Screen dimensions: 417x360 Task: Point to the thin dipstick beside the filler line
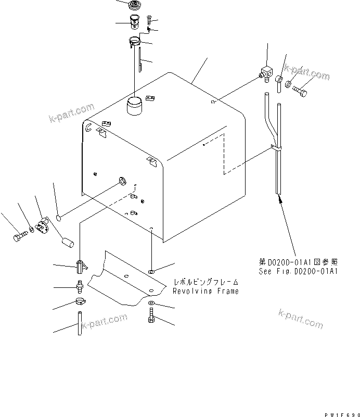(141, 60)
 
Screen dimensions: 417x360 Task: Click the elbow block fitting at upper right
(267, 74)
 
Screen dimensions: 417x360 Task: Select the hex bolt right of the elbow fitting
(301, 92)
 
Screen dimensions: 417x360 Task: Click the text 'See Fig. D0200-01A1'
(298, 271)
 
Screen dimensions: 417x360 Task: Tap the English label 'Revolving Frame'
(206, 292)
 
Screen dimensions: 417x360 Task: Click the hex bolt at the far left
(18, 237)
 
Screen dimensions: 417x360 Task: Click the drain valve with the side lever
(80, 267)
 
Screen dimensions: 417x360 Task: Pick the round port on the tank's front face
(123, 181)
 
